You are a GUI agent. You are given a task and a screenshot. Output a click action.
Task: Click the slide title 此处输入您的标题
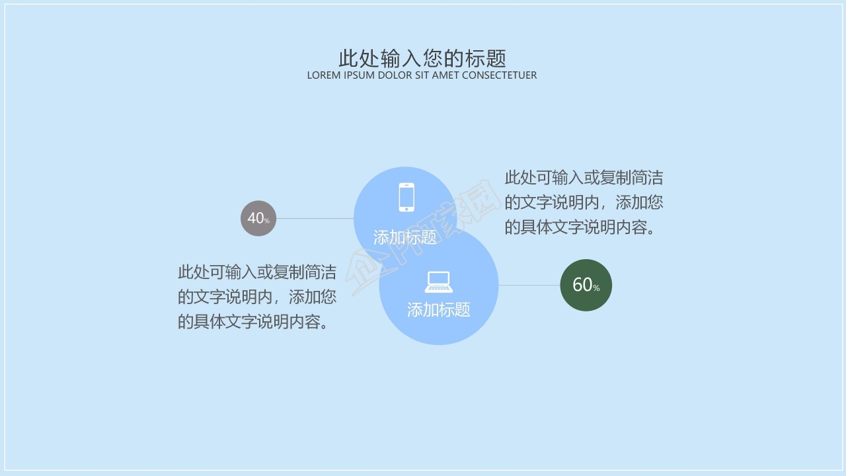(x=422, y=58)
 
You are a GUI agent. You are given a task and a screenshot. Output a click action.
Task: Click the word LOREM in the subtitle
(x=324, y=75)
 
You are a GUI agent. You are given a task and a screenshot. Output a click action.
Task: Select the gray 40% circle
(x=258, y=218)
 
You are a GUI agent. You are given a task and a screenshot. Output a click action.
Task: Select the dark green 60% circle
(x=586, y=285)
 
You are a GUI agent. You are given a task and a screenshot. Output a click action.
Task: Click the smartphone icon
(x=406, y=197)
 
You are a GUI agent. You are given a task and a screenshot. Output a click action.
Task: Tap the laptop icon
(x=438, y=282)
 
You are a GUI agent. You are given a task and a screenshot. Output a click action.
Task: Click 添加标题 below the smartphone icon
(x=404, y=237)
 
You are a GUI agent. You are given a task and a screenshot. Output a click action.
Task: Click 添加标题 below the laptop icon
(x=438, y=309)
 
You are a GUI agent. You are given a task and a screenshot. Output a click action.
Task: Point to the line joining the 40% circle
(x=315, y=218)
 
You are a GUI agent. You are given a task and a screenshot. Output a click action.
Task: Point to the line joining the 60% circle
(x=529, y=285)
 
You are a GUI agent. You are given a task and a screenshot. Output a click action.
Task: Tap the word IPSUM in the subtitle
(x=360, y=75)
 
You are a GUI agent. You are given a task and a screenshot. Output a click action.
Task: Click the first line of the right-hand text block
(x=584, y=178)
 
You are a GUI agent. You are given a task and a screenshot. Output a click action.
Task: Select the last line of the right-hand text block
(x=580, y=227)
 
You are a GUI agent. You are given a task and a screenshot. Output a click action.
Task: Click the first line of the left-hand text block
(x=256, y=272)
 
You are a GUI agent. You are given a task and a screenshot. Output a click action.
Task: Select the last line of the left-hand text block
(x=252, y=322)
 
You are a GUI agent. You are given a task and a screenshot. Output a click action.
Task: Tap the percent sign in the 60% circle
(x=596, y=288)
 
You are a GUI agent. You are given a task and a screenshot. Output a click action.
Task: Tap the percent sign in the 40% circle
(x=267, y=221)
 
